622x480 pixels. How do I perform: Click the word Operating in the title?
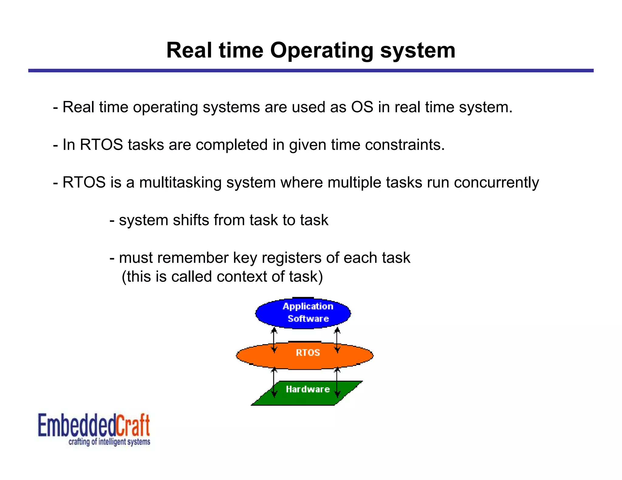322,50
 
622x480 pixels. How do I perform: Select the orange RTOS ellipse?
305,356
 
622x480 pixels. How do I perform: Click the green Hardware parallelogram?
307,393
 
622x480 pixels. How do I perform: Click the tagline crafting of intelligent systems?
109,441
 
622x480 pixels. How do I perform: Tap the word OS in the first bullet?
362,107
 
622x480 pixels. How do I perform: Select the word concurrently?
496,183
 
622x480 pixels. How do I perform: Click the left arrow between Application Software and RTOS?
274,340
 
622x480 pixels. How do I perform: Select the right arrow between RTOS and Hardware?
337,382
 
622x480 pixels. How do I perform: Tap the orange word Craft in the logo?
133,425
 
